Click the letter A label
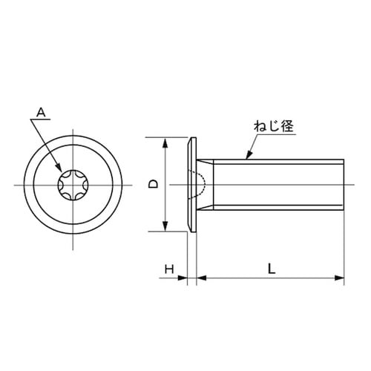[x=42, y=113]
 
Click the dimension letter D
[x=152, y=183]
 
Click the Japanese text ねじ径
[x=275, y=126]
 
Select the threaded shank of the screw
[x=275, y=183]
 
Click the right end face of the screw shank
[x=344, y=183]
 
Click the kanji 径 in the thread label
[x=289, y=126]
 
